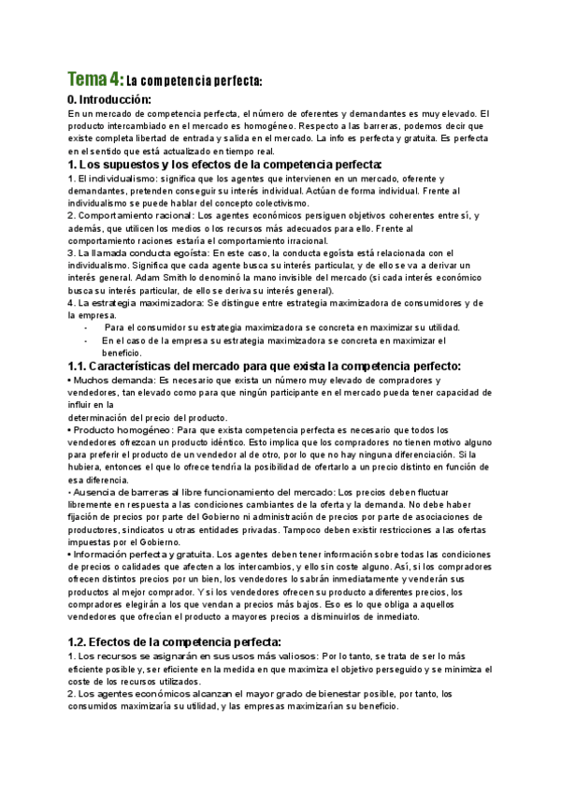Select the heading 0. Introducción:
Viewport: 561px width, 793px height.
[109, 99]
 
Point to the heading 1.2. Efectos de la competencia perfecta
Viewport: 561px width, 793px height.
[175, 642]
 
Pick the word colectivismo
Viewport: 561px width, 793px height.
[274, 203]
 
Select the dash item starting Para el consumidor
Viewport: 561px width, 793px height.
[280, 328]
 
